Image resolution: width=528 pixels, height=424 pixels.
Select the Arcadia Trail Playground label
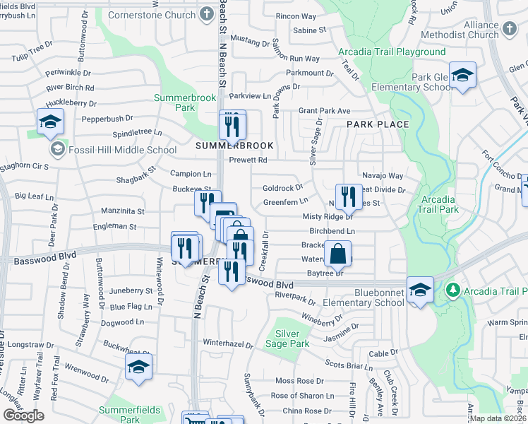tap(392, 52)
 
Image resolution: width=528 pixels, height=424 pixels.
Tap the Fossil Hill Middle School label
tap(113, 150)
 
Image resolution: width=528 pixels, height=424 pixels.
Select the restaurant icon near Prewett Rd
tap(232, 126)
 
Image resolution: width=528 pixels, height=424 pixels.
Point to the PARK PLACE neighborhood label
tap(378, 124)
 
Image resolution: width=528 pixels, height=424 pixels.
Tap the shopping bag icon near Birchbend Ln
tap(338, 252)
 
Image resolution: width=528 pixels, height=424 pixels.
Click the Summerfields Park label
tap(129, 410)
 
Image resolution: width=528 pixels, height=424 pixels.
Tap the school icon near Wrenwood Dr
tap(139, 366)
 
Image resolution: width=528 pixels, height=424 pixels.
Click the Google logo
tap(23, 416)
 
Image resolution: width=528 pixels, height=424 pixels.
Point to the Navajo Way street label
tap(381, 175)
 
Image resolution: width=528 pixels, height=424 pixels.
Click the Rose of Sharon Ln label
tap(302, 396)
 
